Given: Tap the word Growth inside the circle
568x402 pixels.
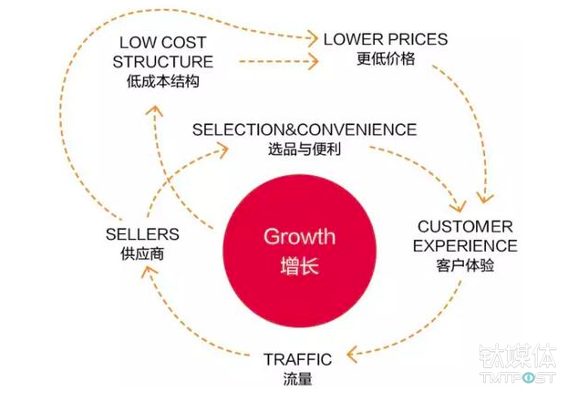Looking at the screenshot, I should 299,238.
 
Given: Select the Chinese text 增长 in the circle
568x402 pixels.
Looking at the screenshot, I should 299,269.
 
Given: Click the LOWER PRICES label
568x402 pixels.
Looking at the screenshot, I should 386,40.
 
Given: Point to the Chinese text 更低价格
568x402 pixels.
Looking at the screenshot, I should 386,59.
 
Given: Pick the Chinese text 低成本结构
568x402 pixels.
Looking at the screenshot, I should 164,82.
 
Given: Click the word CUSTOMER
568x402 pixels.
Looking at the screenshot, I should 465,226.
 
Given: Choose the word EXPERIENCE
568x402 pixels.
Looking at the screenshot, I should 465,246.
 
